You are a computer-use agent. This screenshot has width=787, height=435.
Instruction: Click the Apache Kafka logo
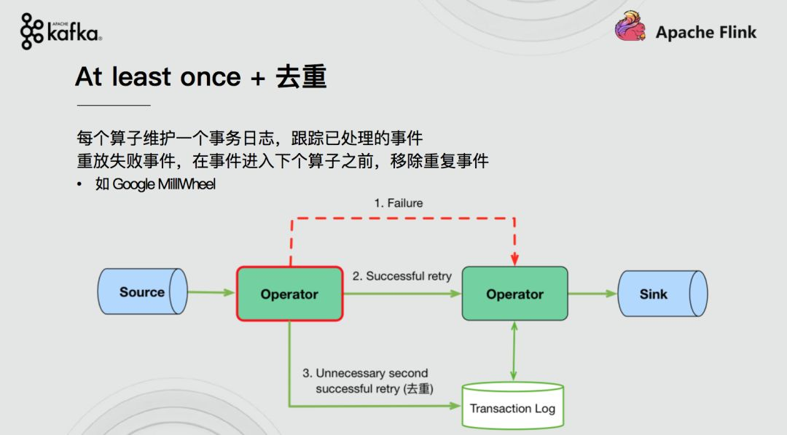coord(60,31)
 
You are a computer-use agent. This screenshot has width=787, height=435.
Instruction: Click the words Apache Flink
coord(705,32)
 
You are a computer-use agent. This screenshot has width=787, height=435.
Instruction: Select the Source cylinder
coord(143,291)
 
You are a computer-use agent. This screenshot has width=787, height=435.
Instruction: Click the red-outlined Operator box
coord(289,294)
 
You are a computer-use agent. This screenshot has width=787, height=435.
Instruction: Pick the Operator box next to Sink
coord(515,294)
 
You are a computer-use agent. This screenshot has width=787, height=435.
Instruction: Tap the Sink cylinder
coord(662,294)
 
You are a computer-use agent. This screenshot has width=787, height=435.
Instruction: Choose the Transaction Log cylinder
coord(512,406)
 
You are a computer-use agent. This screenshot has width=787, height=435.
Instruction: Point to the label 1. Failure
coord(399,203)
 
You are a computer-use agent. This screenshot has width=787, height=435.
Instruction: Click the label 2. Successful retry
coord(402,276)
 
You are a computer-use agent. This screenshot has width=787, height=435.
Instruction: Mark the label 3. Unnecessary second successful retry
coord(367,381)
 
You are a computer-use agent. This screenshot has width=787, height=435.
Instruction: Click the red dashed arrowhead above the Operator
coord(514,259)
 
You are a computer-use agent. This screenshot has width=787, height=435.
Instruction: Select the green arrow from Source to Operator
coord(211,292)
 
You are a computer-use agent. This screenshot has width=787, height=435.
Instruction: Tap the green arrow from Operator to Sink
coord(592,294)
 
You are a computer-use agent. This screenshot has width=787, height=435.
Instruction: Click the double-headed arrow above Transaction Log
coord(514,351)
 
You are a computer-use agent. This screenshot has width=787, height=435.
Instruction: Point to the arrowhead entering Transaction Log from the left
coord(455,405)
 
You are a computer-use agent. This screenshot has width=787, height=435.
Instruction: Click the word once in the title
coord(211,77)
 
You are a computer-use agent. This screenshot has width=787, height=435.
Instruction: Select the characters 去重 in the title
coord(301,77)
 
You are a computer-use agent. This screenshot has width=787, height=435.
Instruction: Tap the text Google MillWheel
coord(164,184)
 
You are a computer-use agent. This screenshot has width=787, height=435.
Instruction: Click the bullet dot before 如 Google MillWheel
coord(79,184)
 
